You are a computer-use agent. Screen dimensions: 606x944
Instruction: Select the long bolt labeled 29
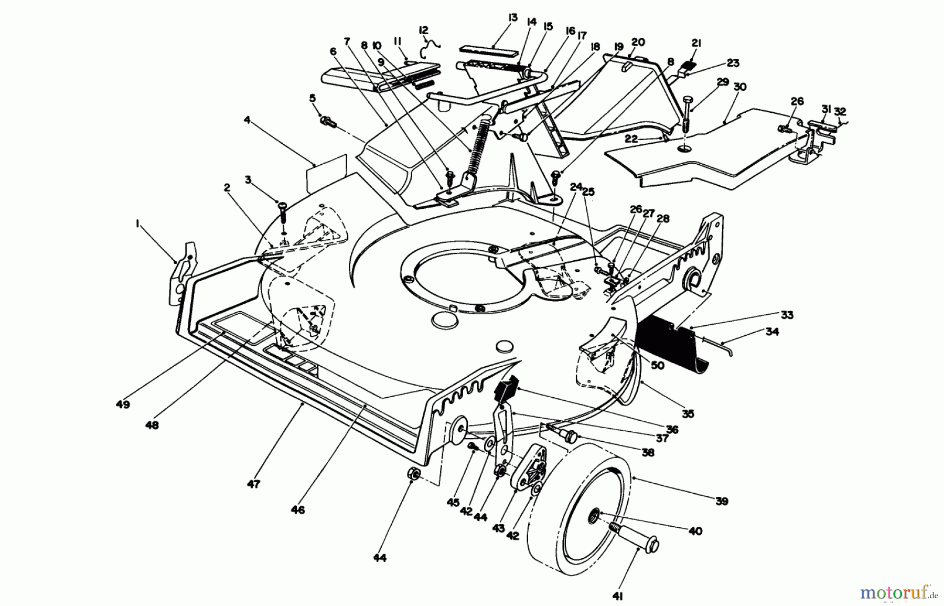pyautogui.click(x=689, y=116)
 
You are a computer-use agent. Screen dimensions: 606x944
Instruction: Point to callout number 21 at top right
pyautogui.click(x=696, y=44)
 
